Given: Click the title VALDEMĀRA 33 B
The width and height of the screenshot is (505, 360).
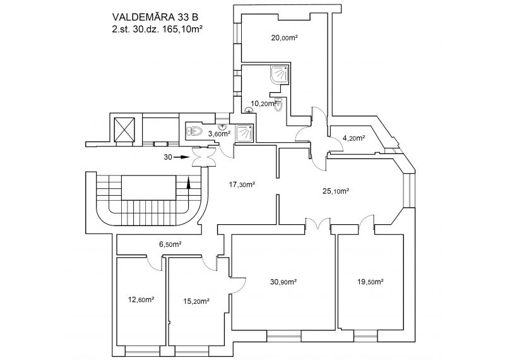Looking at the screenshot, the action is coord(155,17).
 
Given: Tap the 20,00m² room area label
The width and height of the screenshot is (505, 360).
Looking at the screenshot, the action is coord(285,38).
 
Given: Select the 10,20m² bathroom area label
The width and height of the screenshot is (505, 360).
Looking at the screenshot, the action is coord(263,104).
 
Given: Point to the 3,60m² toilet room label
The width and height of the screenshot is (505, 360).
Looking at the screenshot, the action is coord(219,134).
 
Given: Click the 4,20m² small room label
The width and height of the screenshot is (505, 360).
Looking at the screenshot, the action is coord(353,138).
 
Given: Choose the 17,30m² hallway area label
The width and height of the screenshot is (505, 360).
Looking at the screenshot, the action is coord(242,184).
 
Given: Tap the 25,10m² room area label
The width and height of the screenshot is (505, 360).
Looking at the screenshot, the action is coord(336,191).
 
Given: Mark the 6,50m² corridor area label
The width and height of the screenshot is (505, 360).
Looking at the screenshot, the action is coord(170,244).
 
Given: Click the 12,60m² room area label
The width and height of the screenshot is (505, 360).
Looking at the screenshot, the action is coord(141,300).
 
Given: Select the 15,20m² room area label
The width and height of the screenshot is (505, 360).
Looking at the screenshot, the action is coord(196,301).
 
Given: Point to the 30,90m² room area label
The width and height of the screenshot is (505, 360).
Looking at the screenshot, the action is coord(283,282).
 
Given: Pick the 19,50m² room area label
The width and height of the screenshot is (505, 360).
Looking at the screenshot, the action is coord(370,282).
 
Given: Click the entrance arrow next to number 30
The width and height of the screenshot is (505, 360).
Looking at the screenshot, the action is coord(181,157).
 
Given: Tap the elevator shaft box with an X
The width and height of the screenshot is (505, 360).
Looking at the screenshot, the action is coord(124,129).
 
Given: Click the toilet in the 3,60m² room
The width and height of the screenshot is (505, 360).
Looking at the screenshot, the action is coord(194,131).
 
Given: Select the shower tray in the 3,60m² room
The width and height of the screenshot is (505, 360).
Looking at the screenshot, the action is coord(245,133).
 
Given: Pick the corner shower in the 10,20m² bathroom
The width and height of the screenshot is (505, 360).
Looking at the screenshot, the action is coord(280,75).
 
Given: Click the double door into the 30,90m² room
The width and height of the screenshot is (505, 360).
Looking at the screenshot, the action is coord(318,224).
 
